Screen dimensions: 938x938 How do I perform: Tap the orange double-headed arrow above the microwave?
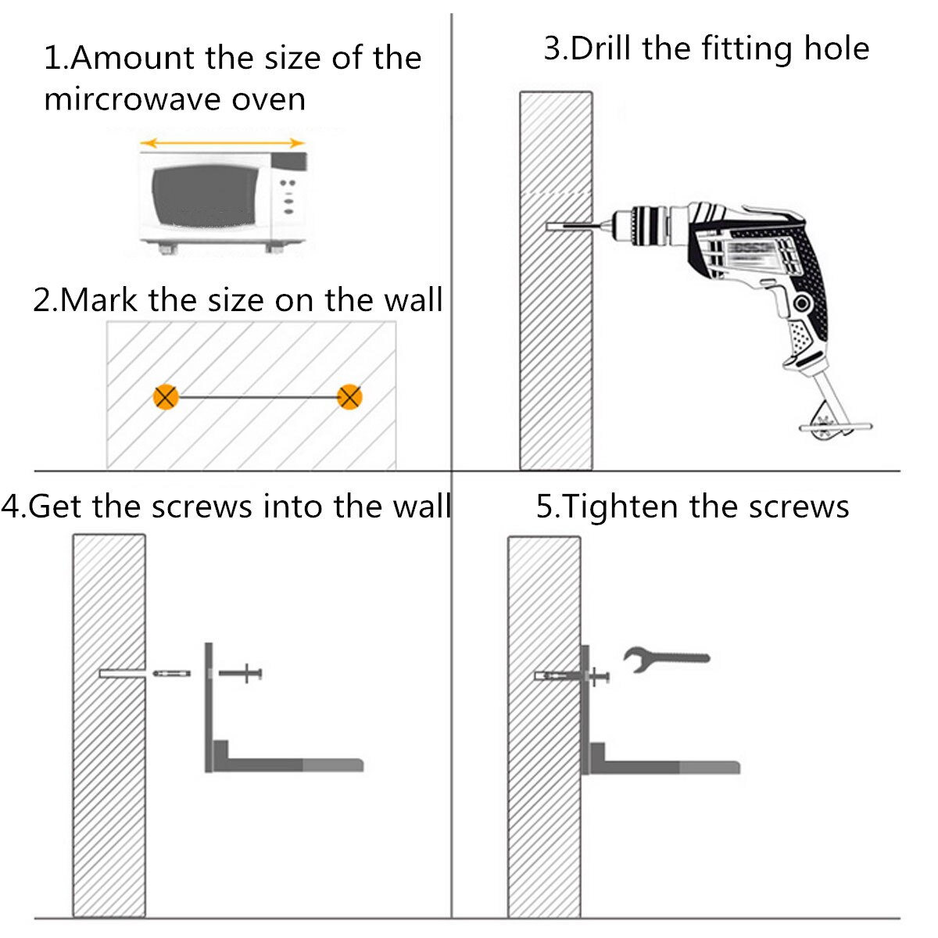coord(222,142)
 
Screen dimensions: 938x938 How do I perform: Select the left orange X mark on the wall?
coord(166,397)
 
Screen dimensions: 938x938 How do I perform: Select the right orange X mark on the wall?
coord(349,397)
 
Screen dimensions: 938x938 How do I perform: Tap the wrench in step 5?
coord(666,659)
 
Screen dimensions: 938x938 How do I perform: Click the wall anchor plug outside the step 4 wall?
coord(171,673)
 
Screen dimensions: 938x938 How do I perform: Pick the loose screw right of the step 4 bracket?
coord(241,673)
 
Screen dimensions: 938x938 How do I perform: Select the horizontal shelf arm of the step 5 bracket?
coord(665,767)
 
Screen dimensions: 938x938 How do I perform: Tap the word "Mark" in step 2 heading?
coord(98,300)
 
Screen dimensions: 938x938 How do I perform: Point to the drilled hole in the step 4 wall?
coord(122,673)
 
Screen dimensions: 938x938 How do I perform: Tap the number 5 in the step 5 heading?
coord(543,507)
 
